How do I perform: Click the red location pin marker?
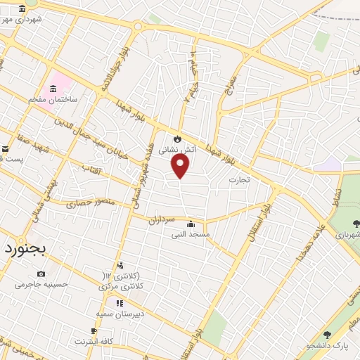pos(181,165)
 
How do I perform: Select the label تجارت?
pos(239,180)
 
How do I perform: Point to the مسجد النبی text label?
pos(192,235)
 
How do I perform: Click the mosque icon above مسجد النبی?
pos(191,225)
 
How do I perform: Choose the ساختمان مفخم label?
pos(52,101)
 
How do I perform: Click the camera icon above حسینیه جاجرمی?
pos(41,274)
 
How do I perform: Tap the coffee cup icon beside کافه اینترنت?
pos(94,330)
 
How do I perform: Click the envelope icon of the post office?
pos(5,148)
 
